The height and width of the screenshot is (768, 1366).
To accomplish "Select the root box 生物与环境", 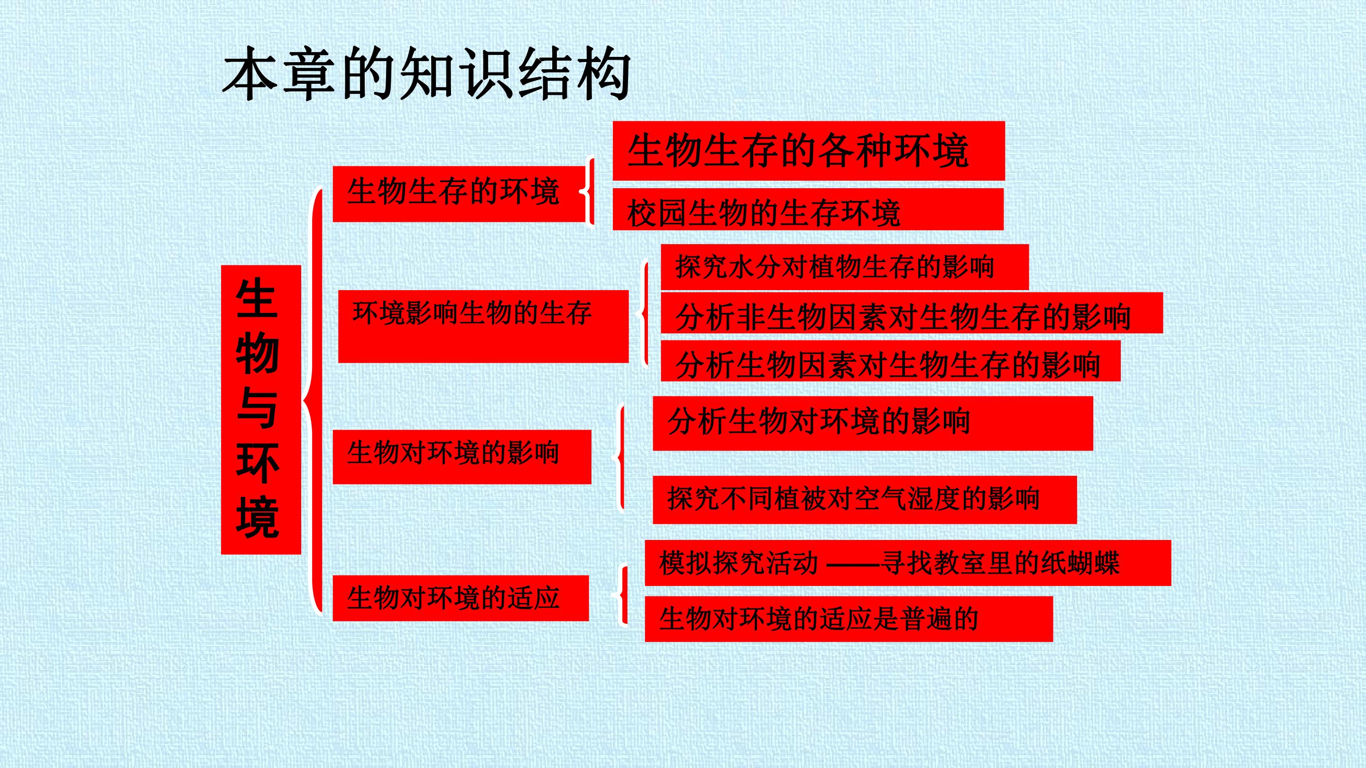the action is pyautogui.click(x=261, y=410).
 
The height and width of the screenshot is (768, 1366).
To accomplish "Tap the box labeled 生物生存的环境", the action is pyautogui.click(x=459, y=194).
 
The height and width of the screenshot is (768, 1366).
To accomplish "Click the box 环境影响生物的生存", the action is pyautogui.click(x=483, y=327).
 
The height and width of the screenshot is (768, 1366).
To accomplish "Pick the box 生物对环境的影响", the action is pyautogui.click(x=462, y=457).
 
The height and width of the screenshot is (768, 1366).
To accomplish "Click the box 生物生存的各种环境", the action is pyautogui.click(x=809, y=151).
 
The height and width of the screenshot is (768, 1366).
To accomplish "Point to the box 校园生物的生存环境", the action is pyautogui.click(x=808, y=209).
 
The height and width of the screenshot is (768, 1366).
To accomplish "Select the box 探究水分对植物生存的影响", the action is pyautogui.click(x=845, y=267).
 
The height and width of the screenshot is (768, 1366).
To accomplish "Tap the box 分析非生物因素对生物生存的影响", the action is pyautogui.click(x=912, y=313).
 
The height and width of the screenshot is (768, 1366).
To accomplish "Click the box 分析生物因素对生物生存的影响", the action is pyautogui.click(x=890, y=360).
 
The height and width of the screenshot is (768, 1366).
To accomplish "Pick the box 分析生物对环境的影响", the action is pyautogui.click(x=873, y=423).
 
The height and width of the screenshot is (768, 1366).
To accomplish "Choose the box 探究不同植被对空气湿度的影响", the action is pyautogui.click(x=865, y=500).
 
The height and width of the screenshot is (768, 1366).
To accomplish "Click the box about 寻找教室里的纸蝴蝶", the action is pyautogui.click(x=908, y=563).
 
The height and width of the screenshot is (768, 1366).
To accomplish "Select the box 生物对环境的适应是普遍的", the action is pyautogui.click(x=849, y=619).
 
